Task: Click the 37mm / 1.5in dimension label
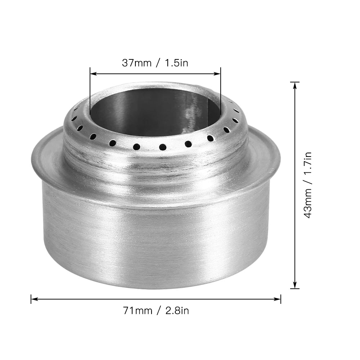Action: (155, 63)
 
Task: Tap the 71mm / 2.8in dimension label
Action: (156, 310)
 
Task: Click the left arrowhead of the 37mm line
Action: (92, 74)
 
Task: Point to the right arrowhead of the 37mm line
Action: (218, 74)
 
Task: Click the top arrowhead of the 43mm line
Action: (295, 85)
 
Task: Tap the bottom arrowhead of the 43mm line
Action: (295, 286)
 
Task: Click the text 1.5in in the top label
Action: (176, 63)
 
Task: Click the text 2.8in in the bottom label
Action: (177, 310)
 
